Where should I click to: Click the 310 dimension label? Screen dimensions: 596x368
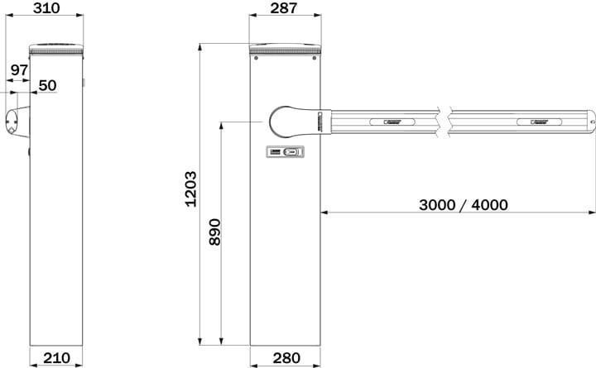coord(46,8)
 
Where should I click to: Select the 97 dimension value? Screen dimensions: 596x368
coord(19,70)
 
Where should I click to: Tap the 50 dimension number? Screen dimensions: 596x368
coord(47,85)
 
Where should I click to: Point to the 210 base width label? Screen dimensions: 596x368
coord(56,358)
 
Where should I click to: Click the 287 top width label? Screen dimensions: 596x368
coord(284,8)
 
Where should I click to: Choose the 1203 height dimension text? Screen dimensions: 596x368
coord(191,189)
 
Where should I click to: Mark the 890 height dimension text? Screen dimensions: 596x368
coord(214,232)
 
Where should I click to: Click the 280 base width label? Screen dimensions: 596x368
coord(286,358)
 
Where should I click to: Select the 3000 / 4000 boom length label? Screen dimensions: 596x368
coord(464,205)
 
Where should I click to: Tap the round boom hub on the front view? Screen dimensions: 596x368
coord(283,122)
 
